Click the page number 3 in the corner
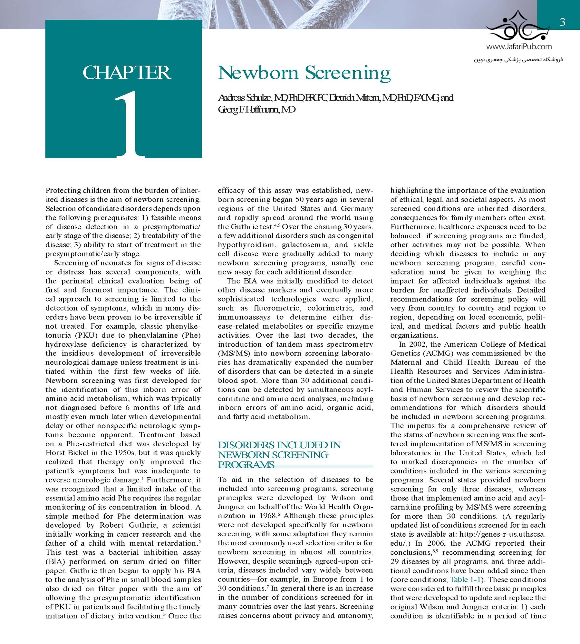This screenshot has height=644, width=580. pyautogui.click(x=563, y=22)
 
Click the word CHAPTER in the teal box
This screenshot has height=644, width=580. pyautogui.click(x=127, y=73)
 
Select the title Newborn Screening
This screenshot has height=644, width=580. pyautogui.click(x=304, y=73)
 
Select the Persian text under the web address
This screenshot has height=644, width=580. pyautogui.click(x=518, y=60)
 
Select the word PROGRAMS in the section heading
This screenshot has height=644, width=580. pyautogui.click(x=246, y=465)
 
